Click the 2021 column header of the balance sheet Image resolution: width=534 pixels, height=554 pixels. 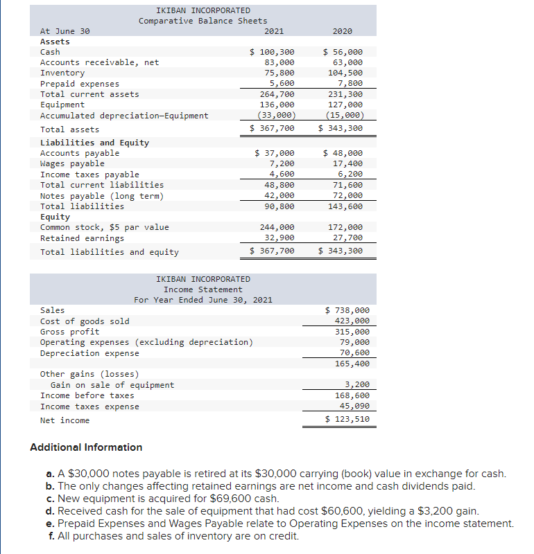[x=274, y=31]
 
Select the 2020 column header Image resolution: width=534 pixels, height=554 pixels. [x=343, y=31]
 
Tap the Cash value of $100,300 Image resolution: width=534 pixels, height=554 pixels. [x=272, y=52]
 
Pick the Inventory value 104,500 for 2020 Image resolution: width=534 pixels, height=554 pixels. [x=345, y=73]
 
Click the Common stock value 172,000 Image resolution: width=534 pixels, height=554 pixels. [x=345, y=227]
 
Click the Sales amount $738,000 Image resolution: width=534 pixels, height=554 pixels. [x=347, y=311]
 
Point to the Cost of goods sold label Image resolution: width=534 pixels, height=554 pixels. [x=85, y=321]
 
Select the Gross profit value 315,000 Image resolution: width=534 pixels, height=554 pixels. [x=352, y=332]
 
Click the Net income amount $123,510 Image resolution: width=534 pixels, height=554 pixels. [x=347, y=419]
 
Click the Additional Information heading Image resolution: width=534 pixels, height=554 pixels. [x=86, y=447]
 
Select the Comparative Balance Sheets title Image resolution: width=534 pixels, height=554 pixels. [x=203, y=21]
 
